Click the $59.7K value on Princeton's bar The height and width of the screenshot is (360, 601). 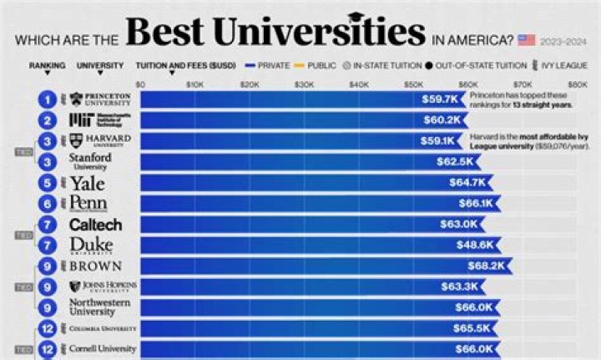(439, 99)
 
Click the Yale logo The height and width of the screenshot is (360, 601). (87, 183)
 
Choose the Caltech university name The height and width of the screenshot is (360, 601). (94, 225)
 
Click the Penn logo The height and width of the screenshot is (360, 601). (87, 204)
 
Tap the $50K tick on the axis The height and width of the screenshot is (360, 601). (412, 84)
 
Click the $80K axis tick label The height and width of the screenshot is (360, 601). (578, 84)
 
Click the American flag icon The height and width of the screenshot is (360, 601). (527, 39)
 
